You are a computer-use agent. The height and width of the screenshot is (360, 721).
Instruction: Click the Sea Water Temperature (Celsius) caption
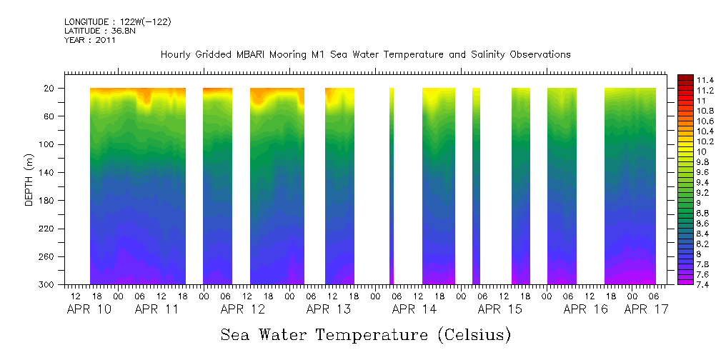tap(365, 335)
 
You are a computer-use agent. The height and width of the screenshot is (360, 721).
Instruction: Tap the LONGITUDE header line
tap(118, 22)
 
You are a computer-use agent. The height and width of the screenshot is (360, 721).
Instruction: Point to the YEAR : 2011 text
tap(90, 40)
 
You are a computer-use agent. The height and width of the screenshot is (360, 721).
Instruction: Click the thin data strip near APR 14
tap(392, 186)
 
